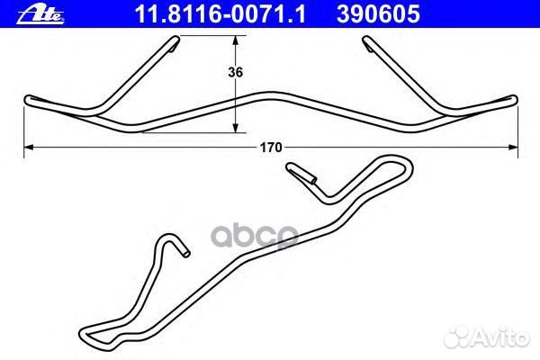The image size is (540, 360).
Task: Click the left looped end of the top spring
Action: click(x=29, y=100)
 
